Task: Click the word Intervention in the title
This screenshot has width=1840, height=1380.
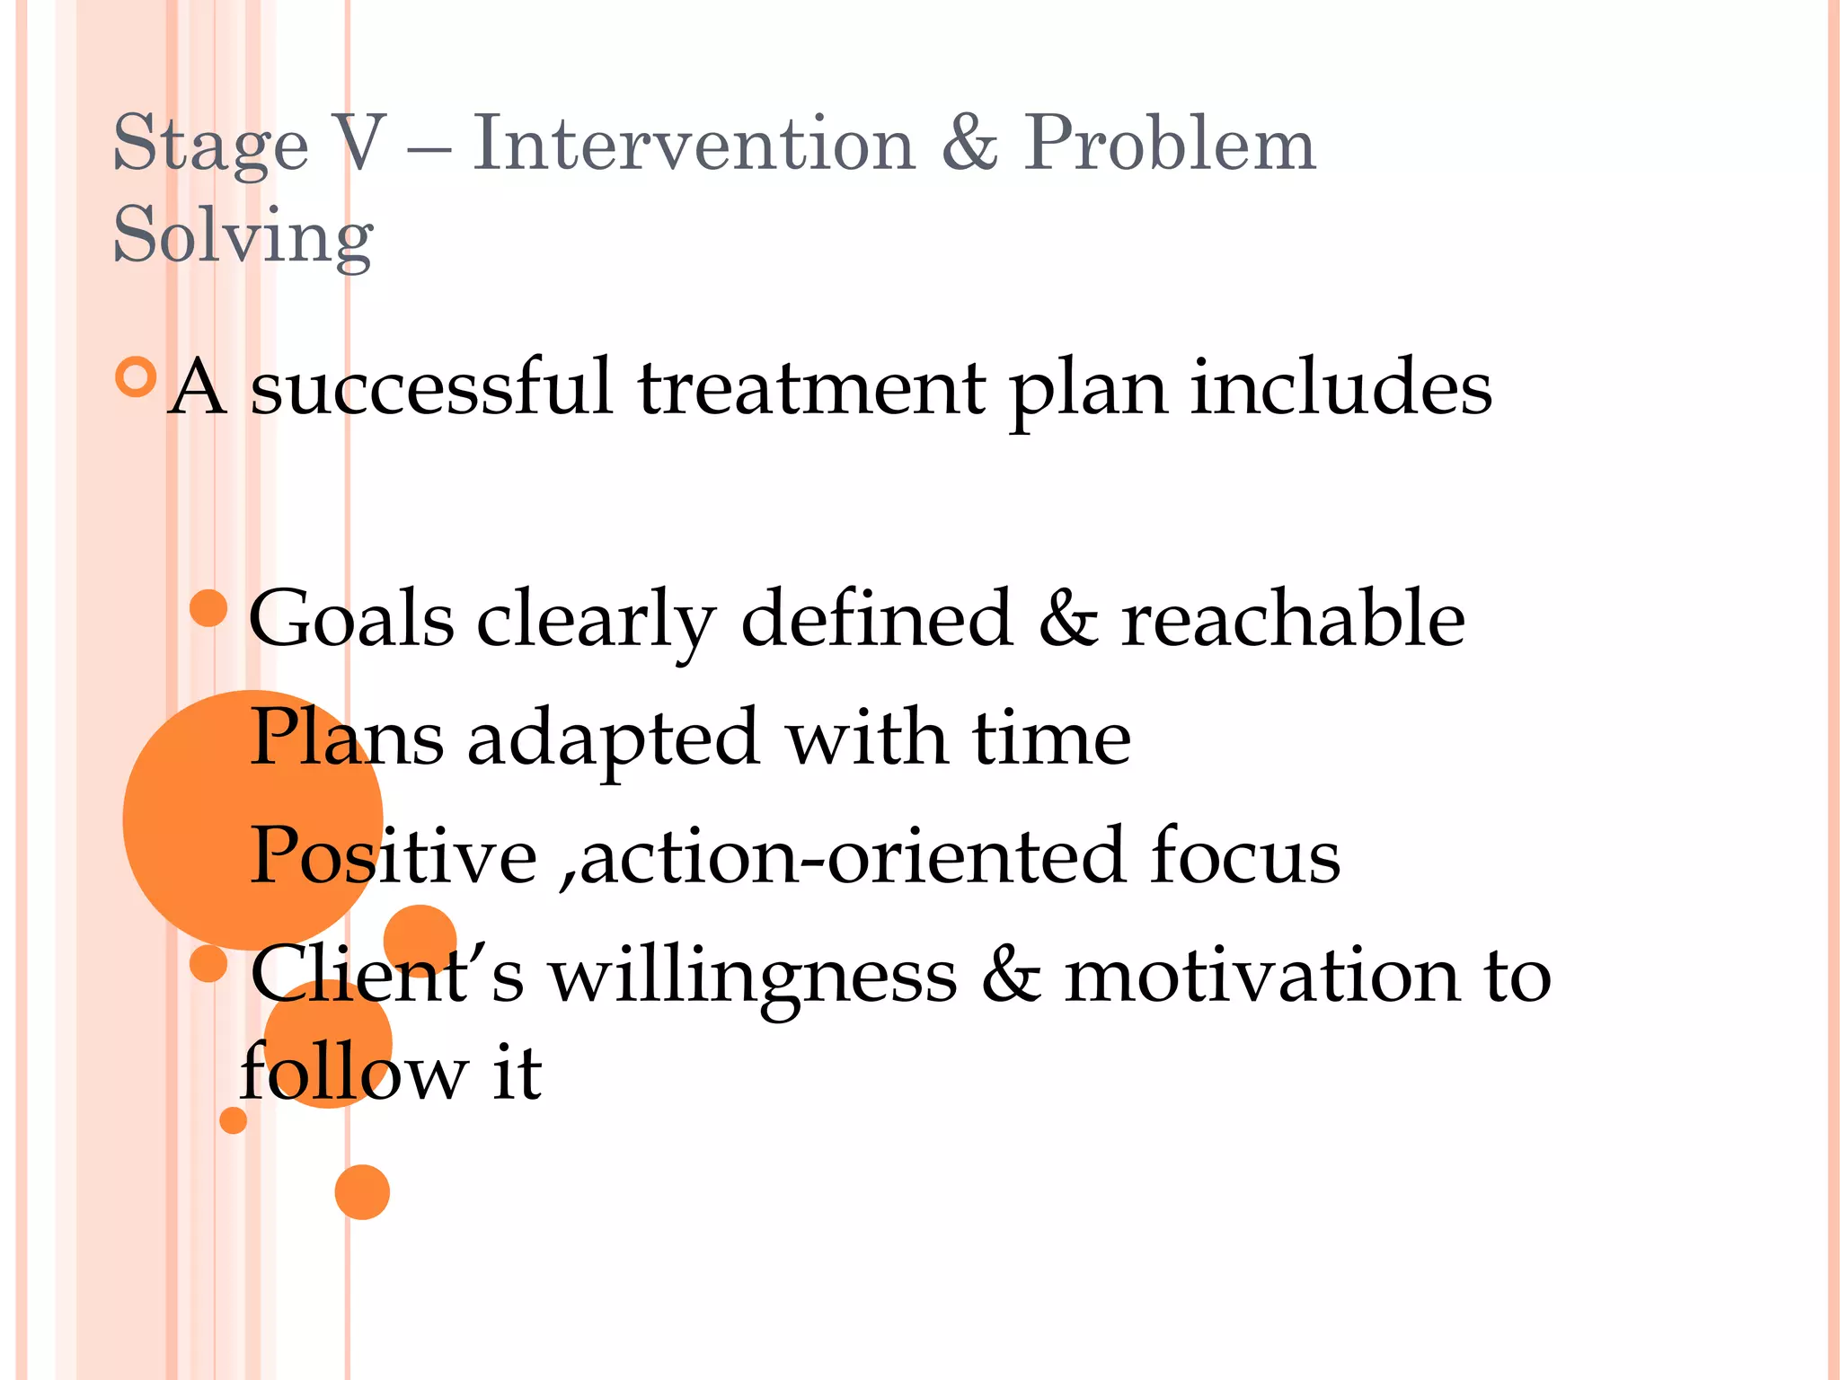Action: (693, 144)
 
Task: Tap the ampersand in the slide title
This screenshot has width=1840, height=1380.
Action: (969, 144)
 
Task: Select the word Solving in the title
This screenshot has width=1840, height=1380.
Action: (243, 235)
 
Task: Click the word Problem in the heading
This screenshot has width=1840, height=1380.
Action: (1170, 144)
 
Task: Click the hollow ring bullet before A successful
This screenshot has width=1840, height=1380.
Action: (137, 377)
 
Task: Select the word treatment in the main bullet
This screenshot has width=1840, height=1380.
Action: (810, 388)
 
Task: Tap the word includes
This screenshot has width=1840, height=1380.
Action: (1340, 388)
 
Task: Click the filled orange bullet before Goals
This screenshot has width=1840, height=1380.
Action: (208, 608)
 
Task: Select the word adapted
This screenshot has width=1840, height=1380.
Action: (613, 739)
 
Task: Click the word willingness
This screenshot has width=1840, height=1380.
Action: (753, 977)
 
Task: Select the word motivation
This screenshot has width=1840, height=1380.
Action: (1262, 977)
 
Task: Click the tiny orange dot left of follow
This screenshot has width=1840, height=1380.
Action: (234, 1120)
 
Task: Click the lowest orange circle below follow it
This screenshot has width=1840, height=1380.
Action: (362, 1192)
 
